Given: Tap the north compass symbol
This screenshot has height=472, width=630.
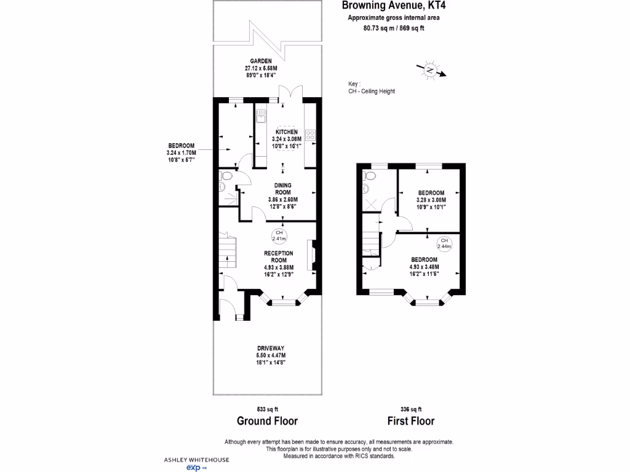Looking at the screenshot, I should coord(431,71).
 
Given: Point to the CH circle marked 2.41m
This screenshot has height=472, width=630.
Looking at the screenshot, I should coord(279,236).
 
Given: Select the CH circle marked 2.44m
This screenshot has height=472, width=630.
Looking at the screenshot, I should coord(444,243).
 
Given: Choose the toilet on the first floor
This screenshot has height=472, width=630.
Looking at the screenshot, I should coord(369,176).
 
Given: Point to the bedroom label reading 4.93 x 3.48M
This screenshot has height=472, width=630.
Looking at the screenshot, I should coord(425,263).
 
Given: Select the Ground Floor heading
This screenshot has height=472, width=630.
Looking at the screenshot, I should coord(268,421).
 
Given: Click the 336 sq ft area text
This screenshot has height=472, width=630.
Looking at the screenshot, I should coord(411,409).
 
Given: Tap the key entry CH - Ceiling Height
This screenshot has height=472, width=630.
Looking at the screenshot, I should coord(372,92).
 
